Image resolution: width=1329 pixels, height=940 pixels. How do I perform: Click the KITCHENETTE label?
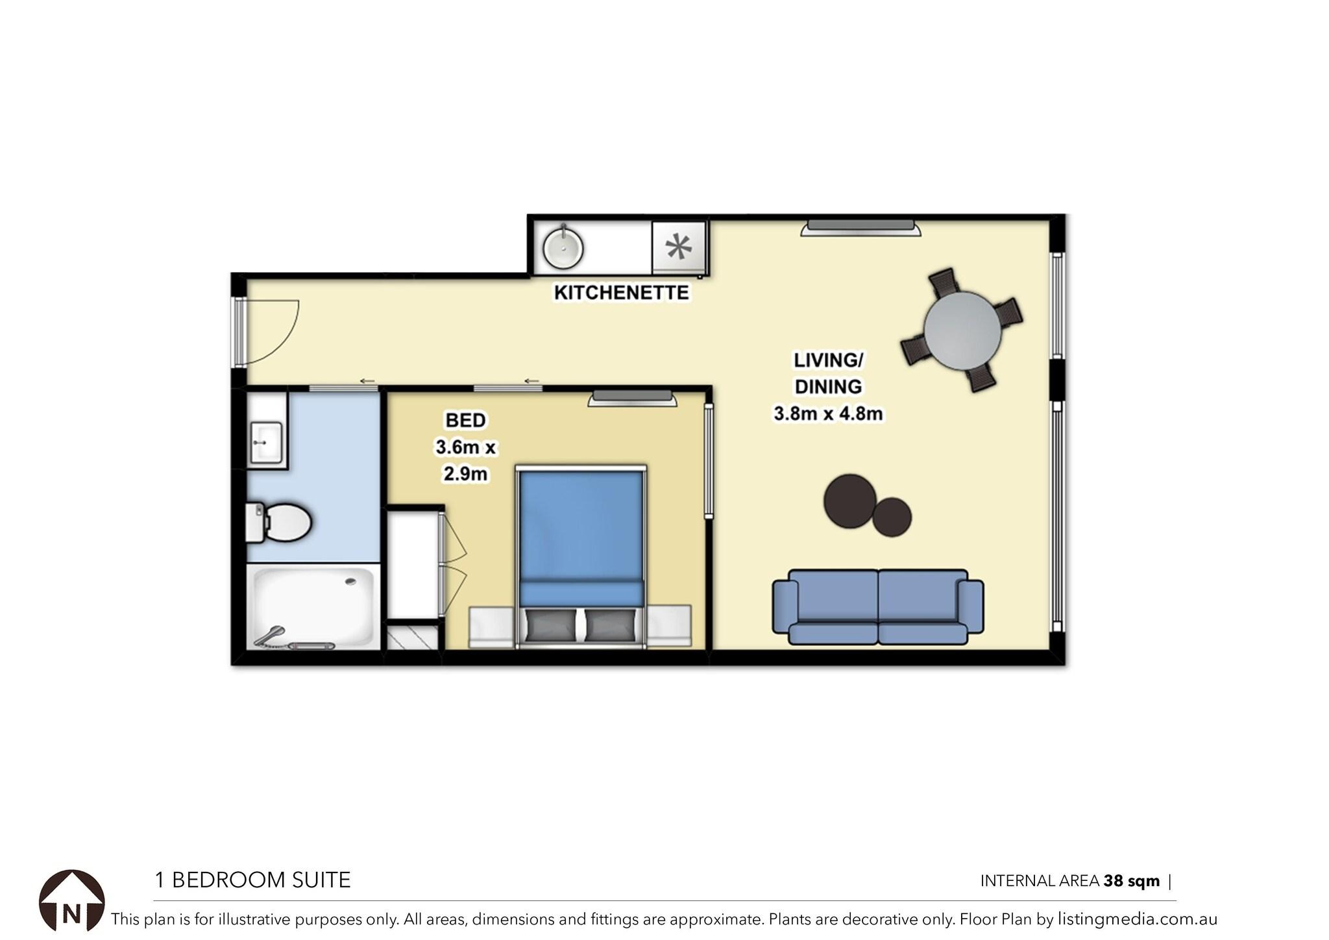click(621, 293)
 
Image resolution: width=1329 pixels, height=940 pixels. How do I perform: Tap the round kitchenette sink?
click(563, 248)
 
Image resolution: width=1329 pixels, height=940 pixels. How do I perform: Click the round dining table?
click(962, 330)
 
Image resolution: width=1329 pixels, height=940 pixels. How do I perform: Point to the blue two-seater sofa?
click(878, 607)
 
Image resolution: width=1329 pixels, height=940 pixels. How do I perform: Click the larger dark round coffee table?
click(850, 501)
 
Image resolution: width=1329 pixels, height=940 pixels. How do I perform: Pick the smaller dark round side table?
click(892, 517)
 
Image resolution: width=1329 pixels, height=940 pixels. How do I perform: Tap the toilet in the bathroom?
click(279, 522)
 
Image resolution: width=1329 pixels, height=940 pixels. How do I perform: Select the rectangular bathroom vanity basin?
click(266, 442)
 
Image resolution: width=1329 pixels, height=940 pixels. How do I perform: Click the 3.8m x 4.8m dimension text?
click(828, 414)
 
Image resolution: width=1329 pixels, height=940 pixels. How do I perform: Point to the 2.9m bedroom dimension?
click(465, 474)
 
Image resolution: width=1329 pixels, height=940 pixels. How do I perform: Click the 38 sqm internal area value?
click(1132, 881)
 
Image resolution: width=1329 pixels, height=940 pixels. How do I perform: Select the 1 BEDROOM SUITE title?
click(252, 880)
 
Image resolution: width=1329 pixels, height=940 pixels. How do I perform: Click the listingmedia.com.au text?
click(1137, 919)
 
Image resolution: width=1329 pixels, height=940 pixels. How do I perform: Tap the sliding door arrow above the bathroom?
click(368, 381)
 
